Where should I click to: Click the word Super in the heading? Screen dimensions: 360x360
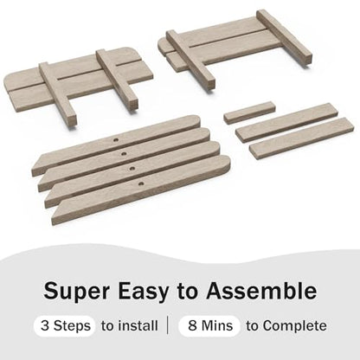[x=76, y=291]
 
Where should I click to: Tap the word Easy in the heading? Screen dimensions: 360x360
[x=143, y=292]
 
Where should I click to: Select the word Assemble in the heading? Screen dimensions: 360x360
[x=261, y=290]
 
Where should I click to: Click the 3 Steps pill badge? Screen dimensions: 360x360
[x=65, y=326]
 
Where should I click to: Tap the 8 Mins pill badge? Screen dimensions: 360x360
[x=209, y=326]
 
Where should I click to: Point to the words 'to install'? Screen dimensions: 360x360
[x=130, y=326]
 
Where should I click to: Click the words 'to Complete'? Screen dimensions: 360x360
[x=286, y=326]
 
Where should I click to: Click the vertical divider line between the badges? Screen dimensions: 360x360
[x=168, y=325]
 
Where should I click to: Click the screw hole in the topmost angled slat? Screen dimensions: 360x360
[x=116, y=140]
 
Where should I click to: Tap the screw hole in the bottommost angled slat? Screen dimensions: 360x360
[x=141, y=183]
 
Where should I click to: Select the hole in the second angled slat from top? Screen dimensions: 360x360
[x=124, y=154]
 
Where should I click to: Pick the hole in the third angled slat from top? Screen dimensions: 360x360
[x=132, y=168]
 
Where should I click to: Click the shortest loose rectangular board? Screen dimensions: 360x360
[x=249, y=112]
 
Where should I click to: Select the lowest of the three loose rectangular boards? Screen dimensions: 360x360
[x=302, y=138]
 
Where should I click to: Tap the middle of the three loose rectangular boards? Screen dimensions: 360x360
[x=286, y=122]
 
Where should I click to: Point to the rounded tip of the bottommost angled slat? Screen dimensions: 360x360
[x=227, y=162]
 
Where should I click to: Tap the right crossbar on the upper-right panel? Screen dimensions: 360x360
[x=284, y=36]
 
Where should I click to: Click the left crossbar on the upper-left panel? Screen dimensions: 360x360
[x=58, y=93]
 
